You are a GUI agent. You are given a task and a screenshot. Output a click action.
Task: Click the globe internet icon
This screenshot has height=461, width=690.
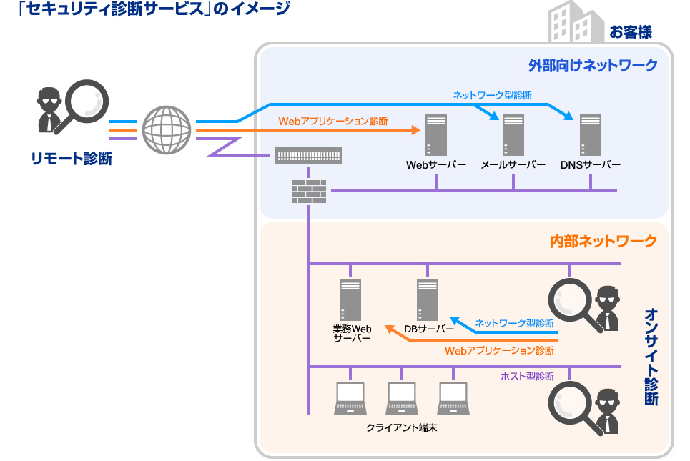[167, 130]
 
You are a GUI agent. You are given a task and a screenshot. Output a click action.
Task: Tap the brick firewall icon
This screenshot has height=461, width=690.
[309, 191]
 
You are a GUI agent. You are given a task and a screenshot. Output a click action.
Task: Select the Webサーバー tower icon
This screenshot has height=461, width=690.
[435, 135]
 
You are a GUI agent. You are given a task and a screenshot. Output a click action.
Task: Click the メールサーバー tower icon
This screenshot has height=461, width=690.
[513, 135]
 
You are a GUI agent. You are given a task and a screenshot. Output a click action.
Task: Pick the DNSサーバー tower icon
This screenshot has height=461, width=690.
[590, 135]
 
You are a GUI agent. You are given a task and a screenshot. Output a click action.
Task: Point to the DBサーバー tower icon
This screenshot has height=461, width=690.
[427, 300]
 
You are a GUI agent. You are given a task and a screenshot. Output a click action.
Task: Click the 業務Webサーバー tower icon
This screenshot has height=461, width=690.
[350, 300]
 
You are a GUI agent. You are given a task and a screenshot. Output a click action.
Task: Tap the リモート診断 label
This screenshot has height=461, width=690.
[71, 159]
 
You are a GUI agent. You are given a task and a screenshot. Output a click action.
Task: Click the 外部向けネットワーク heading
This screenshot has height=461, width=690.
[592, 66]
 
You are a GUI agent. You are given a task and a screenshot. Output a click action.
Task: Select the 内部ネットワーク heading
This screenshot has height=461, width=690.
[603, 241]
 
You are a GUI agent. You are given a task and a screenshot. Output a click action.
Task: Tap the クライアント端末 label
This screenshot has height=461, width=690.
[401, 427]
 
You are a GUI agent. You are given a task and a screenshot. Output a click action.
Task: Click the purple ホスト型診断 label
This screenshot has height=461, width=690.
[527, 376]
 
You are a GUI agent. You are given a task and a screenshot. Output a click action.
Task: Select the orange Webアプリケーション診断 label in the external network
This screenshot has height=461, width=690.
[332, 122]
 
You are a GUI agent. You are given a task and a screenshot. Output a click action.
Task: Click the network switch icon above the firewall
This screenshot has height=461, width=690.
[309, 155]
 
